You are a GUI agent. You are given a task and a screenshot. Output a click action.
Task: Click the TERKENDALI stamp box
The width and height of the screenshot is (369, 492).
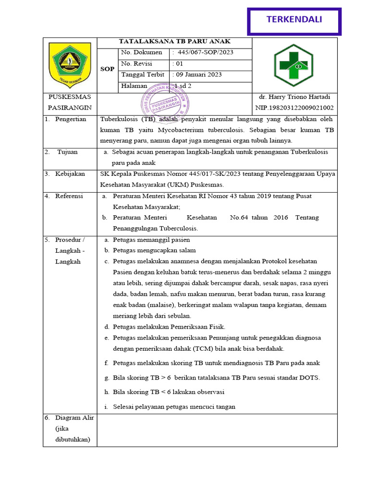point(294,21)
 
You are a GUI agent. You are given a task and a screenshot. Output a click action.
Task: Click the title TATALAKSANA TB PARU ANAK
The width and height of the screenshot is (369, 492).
point(174,42)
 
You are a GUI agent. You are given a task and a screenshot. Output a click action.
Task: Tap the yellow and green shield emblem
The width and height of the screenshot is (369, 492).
point(70,62)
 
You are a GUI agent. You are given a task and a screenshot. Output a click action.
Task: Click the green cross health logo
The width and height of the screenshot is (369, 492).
point(294,65)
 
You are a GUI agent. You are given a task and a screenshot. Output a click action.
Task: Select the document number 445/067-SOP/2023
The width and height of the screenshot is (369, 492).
point(205,52)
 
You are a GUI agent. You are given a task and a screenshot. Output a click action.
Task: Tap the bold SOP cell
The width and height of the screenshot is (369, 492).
point(107,69)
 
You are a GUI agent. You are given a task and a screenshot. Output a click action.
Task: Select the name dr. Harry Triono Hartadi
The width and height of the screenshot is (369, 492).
point(295,97)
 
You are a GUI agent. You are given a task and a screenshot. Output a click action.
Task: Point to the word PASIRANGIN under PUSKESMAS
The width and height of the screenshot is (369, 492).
point(70,108)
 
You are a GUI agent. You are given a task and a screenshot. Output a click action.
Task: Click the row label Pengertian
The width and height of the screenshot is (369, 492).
point(71,119)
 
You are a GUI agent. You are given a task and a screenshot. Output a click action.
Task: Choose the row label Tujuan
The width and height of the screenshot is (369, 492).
point(67,152)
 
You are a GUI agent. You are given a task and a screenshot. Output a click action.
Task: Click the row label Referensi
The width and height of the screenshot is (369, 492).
point(69,196)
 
